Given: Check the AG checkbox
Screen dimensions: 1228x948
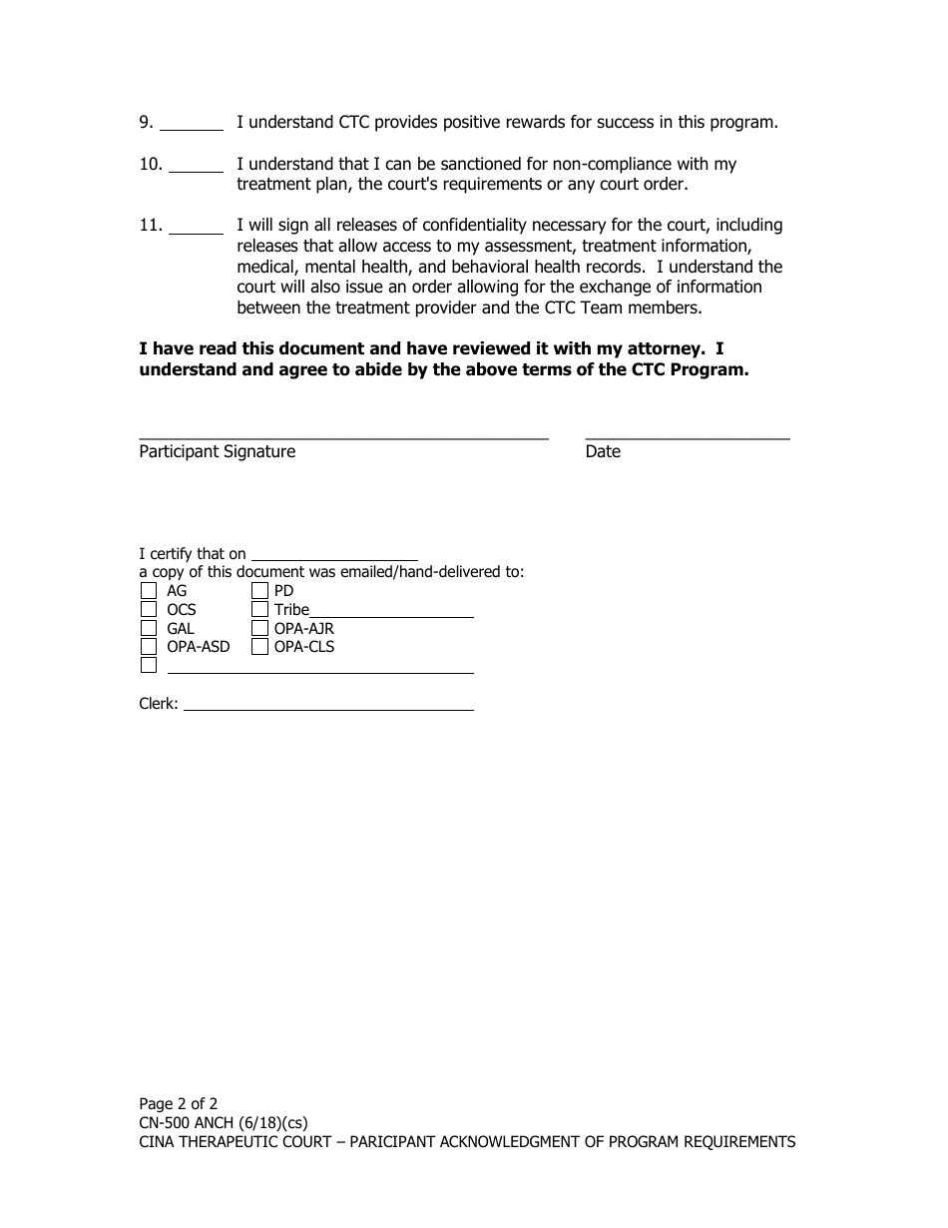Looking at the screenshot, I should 149,591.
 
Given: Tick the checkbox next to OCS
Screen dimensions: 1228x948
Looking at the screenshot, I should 149,609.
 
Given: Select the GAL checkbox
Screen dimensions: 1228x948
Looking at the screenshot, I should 149,628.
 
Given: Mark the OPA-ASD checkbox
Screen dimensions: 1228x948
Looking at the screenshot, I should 149,647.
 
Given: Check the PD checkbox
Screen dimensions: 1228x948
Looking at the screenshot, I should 259,591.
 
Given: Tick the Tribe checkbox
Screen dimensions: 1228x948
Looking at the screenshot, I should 259,609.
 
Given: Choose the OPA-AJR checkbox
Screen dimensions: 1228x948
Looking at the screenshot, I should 259,628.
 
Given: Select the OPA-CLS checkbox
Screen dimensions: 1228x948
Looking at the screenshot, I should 259,647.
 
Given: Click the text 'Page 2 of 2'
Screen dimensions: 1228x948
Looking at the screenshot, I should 179,1104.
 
